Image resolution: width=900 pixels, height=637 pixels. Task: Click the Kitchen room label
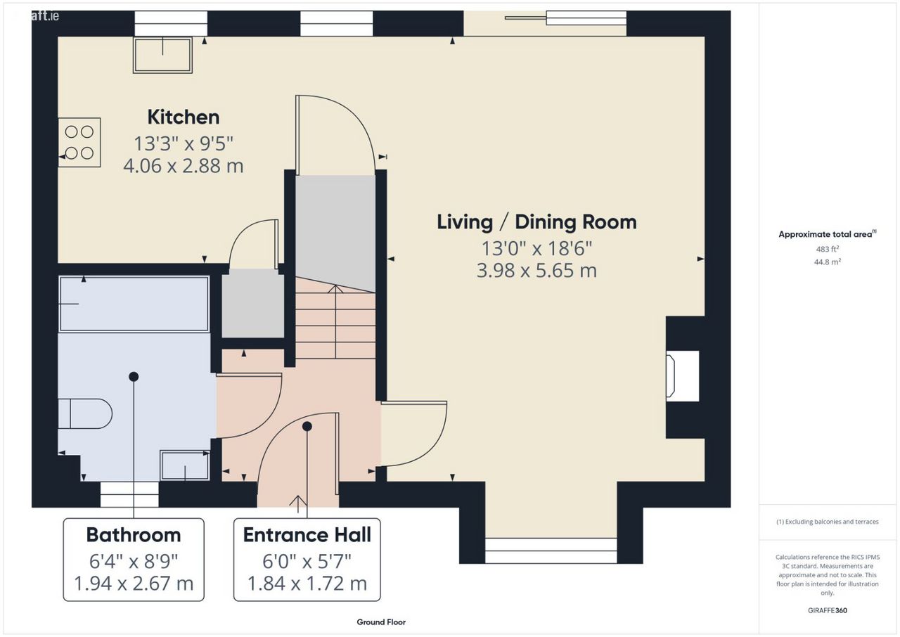click(x=184, y=117)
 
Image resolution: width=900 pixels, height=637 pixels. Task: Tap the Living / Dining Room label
click(x=536, y=222)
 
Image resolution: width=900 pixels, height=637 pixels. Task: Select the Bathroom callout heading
click(x=134, y=535)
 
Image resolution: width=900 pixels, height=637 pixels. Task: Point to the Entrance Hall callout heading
click(x=307, y=535)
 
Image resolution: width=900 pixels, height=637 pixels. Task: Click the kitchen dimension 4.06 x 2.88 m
click(x=184, y=166)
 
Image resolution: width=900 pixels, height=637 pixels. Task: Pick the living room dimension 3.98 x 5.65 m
click(x=536, y=270)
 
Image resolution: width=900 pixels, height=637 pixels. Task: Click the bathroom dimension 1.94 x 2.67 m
click(x=134, y=584)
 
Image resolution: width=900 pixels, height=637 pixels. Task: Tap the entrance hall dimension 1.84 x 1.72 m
click(x=307, y=584)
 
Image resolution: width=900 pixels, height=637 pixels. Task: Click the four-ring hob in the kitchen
click(x=79, y=142)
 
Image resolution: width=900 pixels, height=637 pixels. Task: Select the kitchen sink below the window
click(x=162, y=56)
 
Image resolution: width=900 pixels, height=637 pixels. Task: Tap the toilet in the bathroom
click(x=85, y=413)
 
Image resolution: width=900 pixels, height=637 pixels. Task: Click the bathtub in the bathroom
click(x=134, y=304)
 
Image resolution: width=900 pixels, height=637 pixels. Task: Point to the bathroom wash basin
click(x=185, y=465)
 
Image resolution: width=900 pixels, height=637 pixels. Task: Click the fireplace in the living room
click(x=683, y=376)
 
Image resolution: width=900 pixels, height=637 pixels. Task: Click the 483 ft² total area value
click(x=828, y=249)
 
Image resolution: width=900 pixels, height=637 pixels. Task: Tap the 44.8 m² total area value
click(x=828, y=262)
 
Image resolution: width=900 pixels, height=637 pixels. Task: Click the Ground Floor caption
click(x=381, y=622)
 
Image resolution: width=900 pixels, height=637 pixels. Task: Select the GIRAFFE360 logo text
click(x=828, y=610)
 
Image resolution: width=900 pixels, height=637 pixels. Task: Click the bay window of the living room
click(x=551, y=551)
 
